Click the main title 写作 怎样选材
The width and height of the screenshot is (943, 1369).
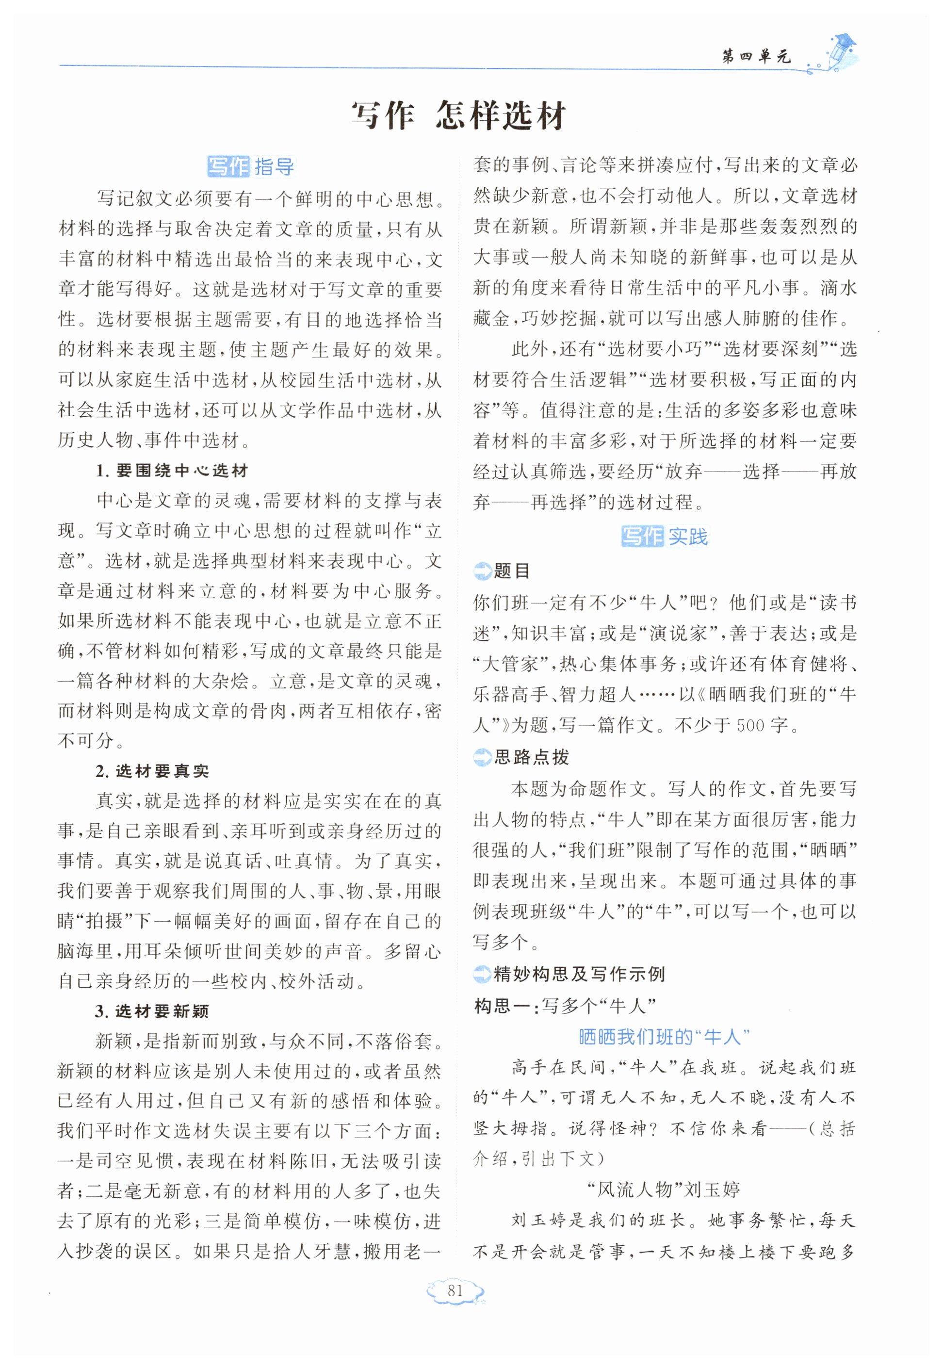click(x=459, y=116)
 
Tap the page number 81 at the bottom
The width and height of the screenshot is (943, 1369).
click(x=455, y=1291)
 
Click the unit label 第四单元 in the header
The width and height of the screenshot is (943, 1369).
click(x=756, y=57)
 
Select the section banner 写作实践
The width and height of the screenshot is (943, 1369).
click(x=664, y=537)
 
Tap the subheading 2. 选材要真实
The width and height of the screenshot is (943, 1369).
click(x=152, y=771)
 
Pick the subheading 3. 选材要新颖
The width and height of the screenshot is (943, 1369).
click(x=152, y=1011)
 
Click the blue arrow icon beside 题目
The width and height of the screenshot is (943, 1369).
click(x=482, y=571)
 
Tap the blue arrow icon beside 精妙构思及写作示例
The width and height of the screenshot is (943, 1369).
click(x=482, y=974)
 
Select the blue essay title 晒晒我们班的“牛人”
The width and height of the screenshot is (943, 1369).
click(x=664, y=1036)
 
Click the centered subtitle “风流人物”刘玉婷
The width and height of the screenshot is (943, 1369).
click(x=664, y=1190)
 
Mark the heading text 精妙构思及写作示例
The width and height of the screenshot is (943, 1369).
click(x=580, y=974)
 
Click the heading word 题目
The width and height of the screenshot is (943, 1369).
click(x=512, y=571)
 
